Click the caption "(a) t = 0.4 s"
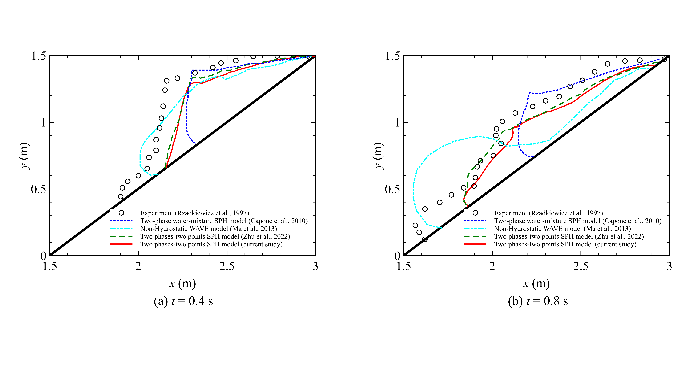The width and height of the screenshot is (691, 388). point(183,301)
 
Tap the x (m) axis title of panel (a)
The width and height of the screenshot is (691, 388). point(182,283)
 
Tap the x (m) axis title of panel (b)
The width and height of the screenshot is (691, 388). point(536,283)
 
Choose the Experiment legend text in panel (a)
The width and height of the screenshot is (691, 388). point(195,213)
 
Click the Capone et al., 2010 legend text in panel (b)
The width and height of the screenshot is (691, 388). point(578,221)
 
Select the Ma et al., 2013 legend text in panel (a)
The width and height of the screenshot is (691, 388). point(208,229)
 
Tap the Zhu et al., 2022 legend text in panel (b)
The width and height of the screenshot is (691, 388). point(569,236)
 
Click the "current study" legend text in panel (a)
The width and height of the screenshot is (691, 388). point(211,244)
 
